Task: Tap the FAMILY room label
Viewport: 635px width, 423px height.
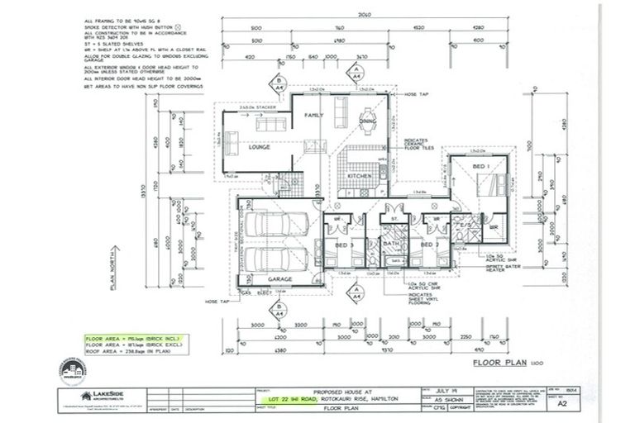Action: coord(313,115)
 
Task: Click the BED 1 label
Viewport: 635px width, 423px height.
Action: coord(480,166)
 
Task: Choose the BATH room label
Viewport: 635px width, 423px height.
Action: coord(391,245)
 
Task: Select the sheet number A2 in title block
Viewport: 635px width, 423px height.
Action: coord(563,405)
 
